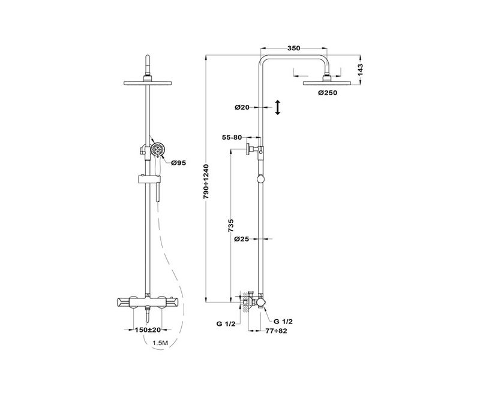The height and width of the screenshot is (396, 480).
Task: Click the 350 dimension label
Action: (293, 48)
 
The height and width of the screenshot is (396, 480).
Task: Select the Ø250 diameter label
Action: (327, 93)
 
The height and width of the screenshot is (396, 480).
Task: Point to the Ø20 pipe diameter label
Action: (242, 107)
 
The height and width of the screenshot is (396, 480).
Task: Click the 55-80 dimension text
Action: (232, 138)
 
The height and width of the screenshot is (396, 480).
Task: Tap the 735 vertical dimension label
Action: (231, 226)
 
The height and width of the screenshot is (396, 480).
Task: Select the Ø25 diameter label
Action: (242, 239)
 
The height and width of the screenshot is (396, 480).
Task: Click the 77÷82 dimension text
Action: (277, 331)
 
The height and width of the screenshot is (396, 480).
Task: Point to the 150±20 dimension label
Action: (148, 330)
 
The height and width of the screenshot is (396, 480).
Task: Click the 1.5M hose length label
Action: (160, 343)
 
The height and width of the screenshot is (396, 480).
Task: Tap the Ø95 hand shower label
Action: (178, 163)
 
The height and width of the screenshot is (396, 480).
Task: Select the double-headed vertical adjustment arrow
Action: (278, 107)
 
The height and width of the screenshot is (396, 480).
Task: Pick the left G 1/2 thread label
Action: (226, 324)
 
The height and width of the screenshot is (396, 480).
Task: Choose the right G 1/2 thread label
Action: (283, 322)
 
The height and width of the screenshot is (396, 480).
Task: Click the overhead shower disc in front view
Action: (148, 83)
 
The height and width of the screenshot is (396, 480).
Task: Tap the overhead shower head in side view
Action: (327, 83)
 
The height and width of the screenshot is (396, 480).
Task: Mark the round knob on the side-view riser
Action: (261, 179)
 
